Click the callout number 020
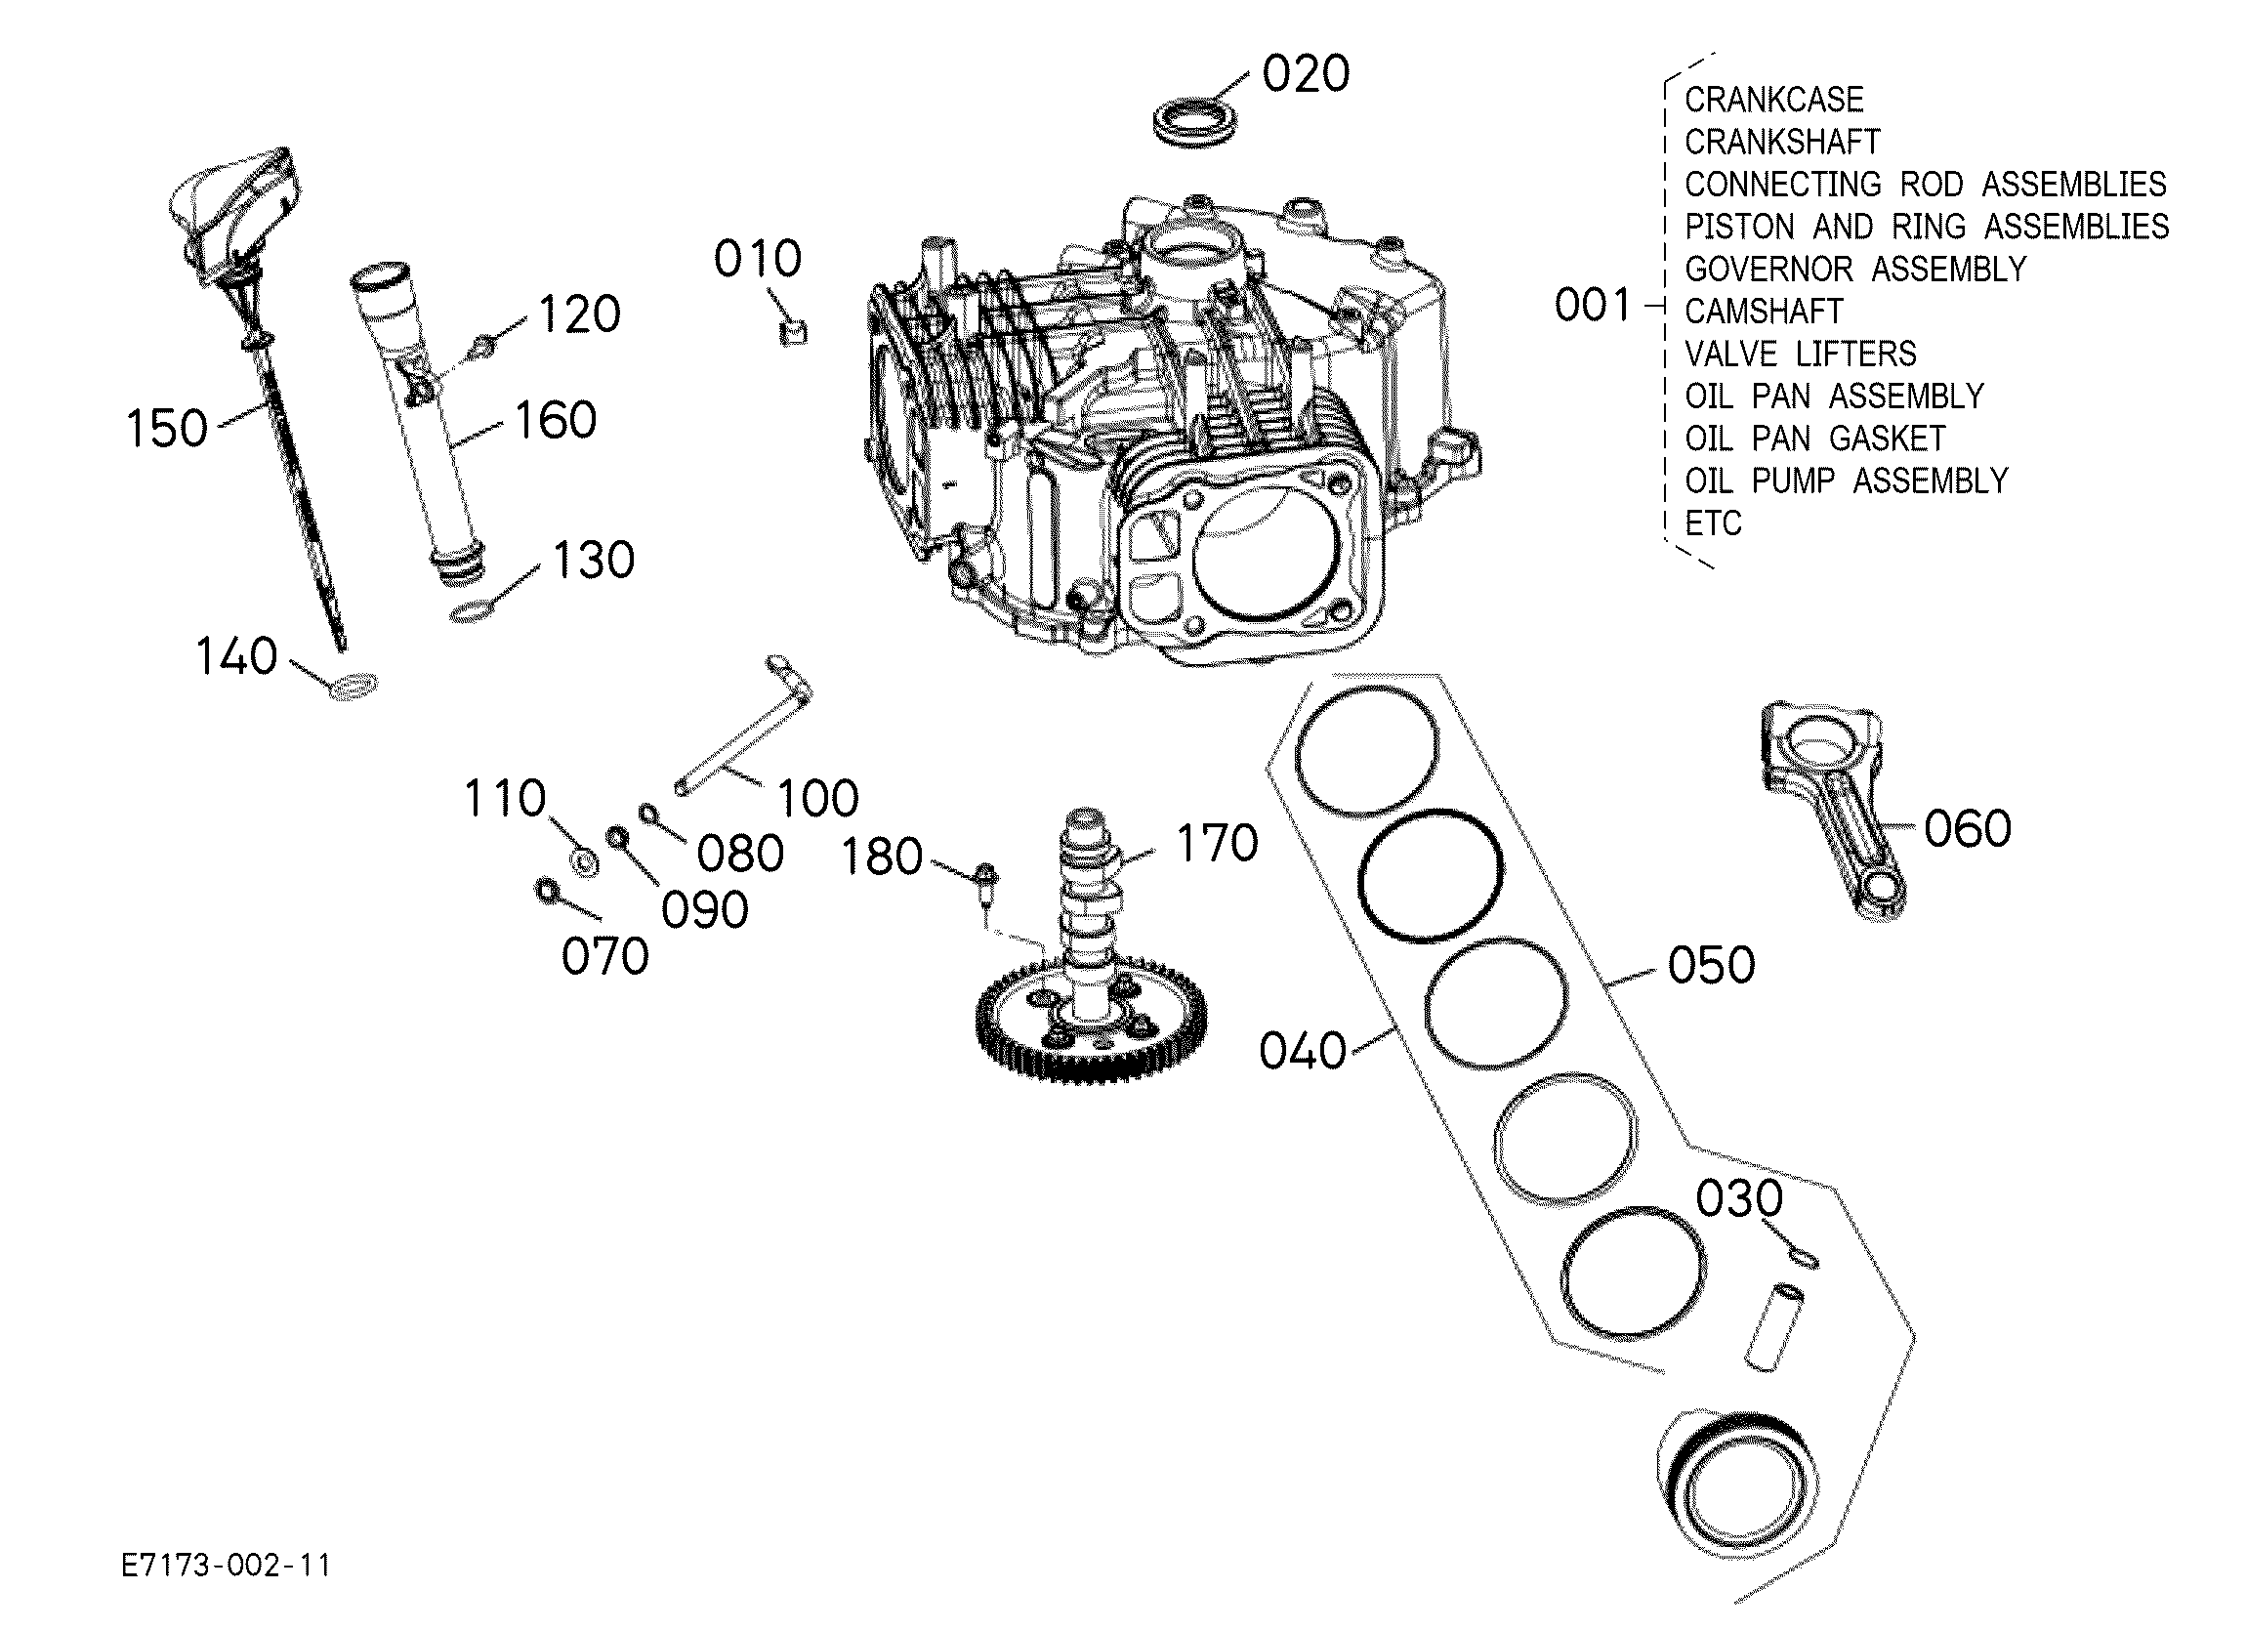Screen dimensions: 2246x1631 tap(1306, 74)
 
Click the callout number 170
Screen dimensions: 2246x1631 tap(1217, 844)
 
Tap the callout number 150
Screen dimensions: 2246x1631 tap(166, 429)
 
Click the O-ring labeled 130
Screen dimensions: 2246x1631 tap(472, 613)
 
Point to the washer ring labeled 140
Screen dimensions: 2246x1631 tap(352, 686)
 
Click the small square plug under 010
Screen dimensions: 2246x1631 tap(793, 331)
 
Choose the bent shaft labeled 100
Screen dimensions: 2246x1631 tap(743, 724)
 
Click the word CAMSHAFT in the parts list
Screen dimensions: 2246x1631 tap(1764, 312)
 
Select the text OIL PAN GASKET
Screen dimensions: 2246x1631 tap(1815, 439)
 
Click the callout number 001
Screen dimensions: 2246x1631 tap(1593, 305)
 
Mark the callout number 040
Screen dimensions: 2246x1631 tap(1303, 1051)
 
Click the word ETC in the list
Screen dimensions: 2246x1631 tap(1713, 523)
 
